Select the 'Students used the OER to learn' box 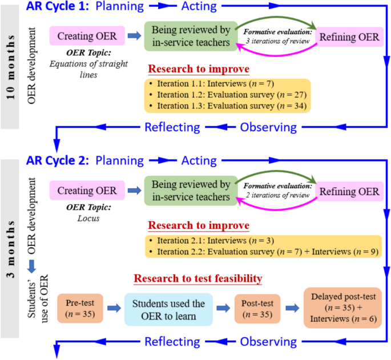pos(168,310)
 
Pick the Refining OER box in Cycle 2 pos(350,192)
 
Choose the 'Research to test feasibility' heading pos(199,278)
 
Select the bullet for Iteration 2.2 pos(150,252)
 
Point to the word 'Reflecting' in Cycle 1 pos(172,127)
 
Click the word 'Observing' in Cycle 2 pos(268,342)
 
